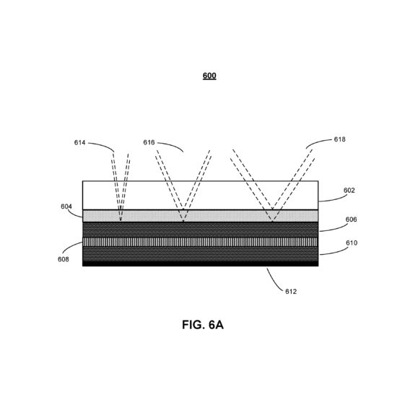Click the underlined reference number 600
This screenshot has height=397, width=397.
tap(209, 76)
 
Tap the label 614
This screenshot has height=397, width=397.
tap(79, 143)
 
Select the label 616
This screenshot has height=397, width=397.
tap(149, 142)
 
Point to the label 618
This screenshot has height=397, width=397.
tap(339, 139)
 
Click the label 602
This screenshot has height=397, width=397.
tap(349, 191)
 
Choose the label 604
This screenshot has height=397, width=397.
tap(66, 206)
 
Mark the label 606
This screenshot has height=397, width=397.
tap(352, 219)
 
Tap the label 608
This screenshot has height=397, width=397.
tap(64, 259)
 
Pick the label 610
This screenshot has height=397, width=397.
tap(352, 243)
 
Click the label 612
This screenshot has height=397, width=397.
tap(291, 292)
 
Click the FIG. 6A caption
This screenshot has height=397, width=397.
tap(203, 325)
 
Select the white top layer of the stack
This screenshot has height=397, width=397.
tap(200, 195)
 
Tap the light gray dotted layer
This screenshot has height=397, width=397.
tap(200, 216)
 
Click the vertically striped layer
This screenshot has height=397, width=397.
tap(200, 242)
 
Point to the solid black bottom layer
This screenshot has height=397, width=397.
tap(200, 263)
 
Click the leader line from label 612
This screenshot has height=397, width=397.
tap(273, 281)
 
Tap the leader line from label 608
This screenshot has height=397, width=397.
tap(71, 246)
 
